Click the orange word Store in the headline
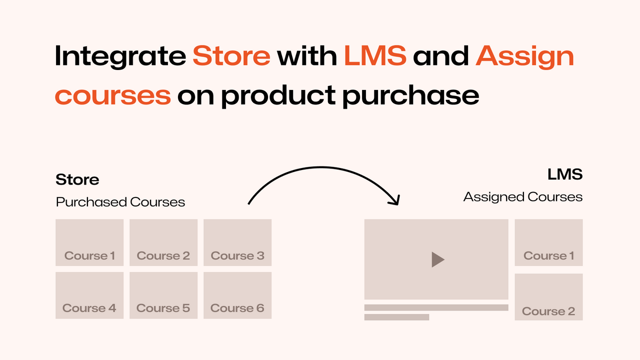[231, 56]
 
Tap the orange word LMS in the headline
[375, 56]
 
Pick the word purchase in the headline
[410, 95]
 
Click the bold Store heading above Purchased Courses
[77, 179]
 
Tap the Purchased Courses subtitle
[120, 202]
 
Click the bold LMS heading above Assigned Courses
[564, 174]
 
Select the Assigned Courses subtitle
[522, 197]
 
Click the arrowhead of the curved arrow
[395, 200]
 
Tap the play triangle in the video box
[437, 259]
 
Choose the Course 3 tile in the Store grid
[237, 242]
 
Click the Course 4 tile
[89, 295]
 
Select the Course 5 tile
[163, 295]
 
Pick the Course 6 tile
[237, 295]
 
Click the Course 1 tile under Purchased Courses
[89, 242]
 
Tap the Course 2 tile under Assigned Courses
[548, 297]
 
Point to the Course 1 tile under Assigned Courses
[548, 242]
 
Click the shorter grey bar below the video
[396, 317]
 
